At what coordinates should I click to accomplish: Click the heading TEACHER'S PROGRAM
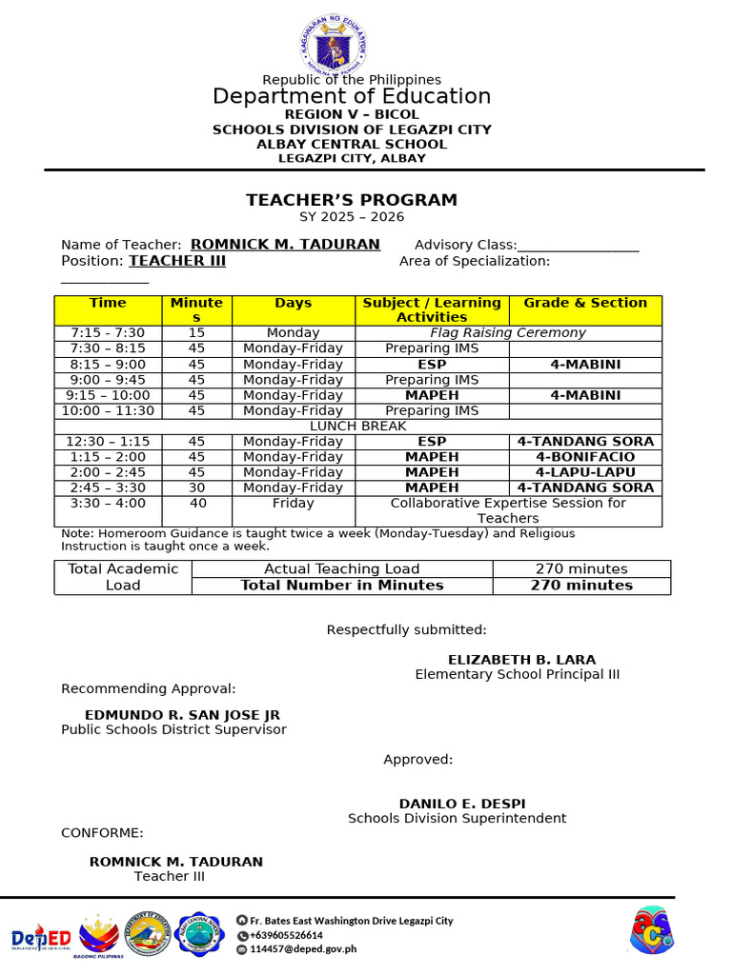point(352,200)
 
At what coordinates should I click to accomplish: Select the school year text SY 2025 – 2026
point(352,217)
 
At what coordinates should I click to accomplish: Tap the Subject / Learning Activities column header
point(432,309)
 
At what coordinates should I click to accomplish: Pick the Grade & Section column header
point(585,303)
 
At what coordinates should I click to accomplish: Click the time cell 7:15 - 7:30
point(108,333)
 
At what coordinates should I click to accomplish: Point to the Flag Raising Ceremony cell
point(508,333)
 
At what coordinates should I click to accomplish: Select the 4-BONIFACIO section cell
point(585,457)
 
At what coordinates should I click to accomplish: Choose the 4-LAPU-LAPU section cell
point(585,472)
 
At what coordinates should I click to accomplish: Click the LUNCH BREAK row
point(357,427)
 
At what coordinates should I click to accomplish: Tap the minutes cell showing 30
point(196,487)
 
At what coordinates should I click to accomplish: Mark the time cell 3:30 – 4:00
point(108,503)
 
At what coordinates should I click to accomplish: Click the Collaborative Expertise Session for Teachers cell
point(508,510)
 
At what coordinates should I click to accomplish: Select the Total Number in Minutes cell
point(341,586)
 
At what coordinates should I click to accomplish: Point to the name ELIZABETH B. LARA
point(521,660)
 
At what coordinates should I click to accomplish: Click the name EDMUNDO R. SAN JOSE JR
point(182,715)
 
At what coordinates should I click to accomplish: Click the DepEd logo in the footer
point(41,937)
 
